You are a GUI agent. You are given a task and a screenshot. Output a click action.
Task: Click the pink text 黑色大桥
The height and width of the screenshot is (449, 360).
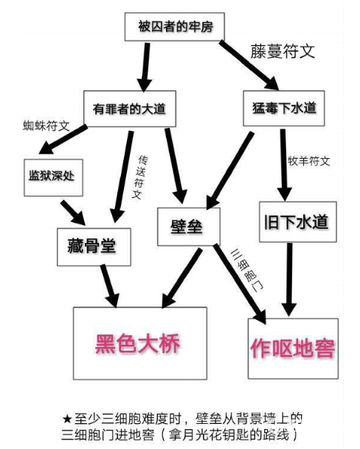click(x=138, y=343)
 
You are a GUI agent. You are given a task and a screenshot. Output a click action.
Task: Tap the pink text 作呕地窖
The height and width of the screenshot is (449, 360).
click(x=292, y=349)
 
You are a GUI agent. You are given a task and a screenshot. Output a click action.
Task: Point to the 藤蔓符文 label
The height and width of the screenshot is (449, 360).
click(x=283, y=52)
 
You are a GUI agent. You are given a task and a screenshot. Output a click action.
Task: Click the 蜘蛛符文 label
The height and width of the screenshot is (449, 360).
click(x=46, y=126)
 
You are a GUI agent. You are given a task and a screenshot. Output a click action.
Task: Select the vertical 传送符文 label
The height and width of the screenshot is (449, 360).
click(x=139, y=177)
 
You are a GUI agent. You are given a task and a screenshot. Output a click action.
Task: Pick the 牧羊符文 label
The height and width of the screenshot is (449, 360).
click(x=309, y=161)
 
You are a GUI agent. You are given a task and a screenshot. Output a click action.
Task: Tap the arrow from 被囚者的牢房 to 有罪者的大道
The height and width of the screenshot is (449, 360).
click(x=145, y=68)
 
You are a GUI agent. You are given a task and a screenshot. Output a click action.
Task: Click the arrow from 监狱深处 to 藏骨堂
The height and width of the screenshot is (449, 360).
click(x=72, y=213)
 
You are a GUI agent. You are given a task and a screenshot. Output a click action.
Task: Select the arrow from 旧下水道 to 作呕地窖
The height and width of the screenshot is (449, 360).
click(x=289, y=280)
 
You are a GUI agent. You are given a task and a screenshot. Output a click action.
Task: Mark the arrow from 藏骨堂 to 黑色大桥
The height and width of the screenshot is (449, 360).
click(x=110, y=286)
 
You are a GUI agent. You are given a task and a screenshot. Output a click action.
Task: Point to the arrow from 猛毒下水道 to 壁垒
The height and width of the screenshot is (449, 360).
click(x=230, y=171)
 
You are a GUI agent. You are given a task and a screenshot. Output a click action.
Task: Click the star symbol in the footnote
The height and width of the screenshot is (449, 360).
click(x=67, y=419)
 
